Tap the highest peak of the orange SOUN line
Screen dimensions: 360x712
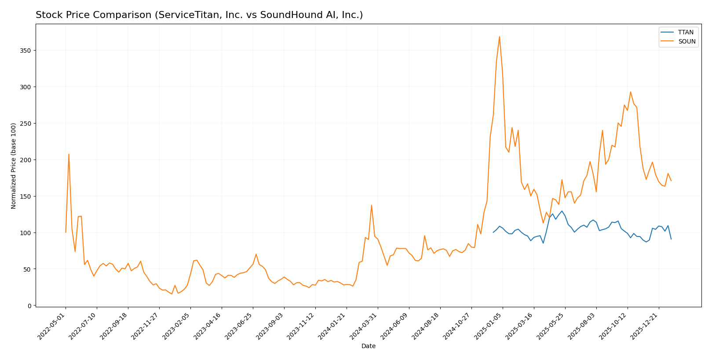click(499, 36)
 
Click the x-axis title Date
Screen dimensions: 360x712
click(369, 346)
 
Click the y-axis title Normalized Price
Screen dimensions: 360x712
click(14, 166)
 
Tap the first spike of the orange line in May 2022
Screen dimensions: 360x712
click(69, 154)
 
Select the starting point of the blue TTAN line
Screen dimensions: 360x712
click(493, 232)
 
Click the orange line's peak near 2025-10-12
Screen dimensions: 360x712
click(630, 92)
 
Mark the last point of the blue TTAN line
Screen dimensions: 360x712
click(671, 239)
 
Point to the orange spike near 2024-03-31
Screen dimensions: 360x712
click(371, 205)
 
